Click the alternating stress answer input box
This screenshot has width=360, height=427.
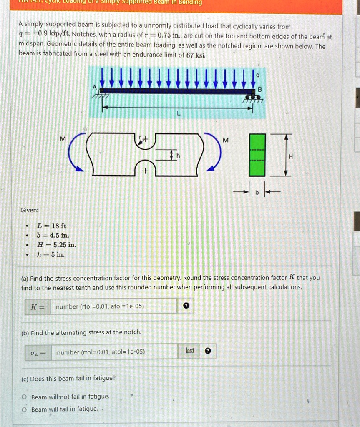point(113,352)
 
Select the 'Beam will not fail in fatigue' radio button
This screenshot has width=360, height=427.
point(25,397)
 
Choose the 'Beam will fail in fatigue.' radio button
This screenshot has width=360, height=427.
point(25,409)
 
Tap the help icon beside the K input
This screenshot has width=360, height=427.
point(186,306)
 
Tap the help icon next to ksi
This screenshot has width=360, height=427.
point(208,352)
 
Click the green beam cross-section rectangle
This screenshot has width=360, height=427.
point(257,154)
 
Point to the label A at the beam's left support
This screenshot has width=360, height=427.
point(95,88)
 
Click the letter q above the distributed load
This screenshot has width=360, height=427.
point(258,75)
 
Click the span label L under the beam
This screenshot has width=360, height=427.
point(178,113)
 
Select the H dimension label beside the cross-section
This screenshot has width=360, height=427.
point(291,156)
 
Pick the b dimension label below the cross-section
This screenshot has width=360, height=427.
point(257,192)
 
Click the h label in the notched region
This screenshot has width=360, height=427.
point(178,156)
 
